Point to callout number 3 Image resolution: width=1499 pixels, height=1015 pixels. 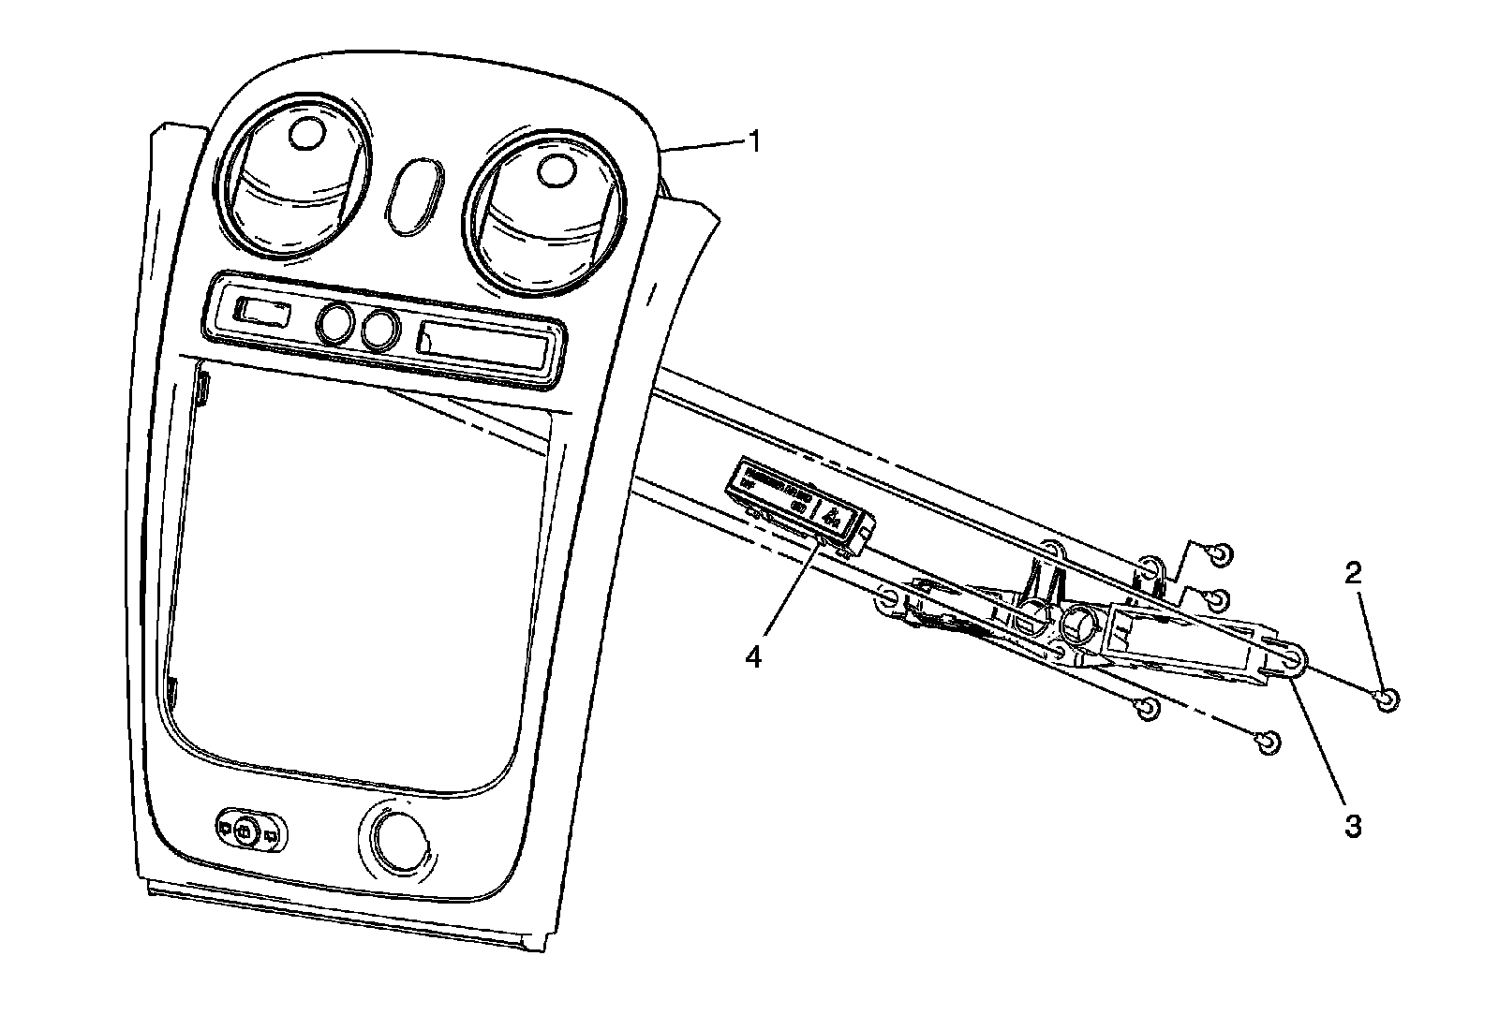1353,826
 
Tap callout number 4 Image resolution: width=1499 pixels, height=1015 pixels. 754,656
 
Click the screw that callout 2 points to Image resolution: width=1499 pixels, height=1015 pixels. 1389,698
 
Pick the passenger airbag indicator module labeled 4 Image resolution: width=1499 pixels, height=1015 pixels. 802,506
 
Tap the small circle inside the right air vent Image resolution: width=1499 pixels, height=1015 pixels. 557,169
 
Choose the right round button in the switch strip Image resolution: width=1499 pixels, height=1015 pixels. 378,330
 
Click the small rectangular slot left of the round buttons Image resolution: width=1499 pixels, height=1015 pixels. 262,311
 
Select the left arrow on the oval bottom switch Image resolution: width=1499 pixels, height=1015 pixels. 225,828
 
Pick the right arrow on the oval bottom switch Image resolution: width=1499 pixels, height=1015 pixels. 271,834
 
